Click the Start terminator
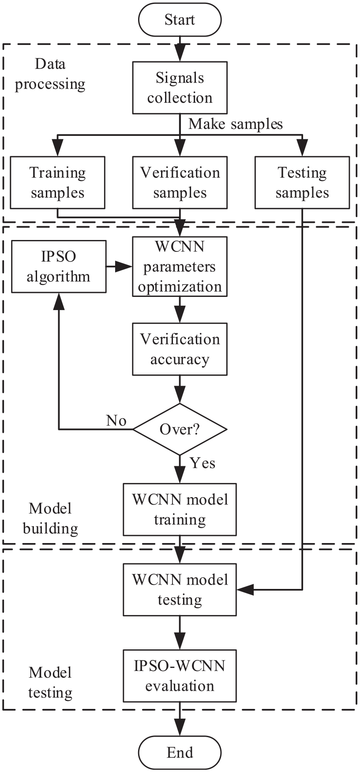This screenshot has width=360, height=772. pyautogui.click(x=180, y=20)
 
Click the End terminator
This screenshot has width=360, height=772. pyautogui.click(x=180, y=752)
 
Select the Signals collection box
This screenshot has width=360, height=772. pyautogui.click(x=180, y=88)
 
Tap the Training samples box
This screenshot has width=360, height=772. pyautogui.click(x=57, y=182)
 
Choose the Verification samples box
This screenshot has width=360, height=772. pyautogui.click(x=180, y=182)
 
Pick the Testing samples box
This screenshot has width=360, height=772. pyautogui.click(x=302, y=182)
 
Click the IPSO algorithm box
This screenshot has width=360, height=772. pyautogui.click(x=59, y=266)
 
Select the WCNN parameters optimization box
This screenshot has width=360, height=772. pyautogui.click(x=180, y=266)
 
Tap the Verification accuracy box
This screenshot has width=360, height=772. pyautogui.click(x=180, y=349)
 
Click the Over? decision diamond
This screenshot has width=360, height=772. pyautogui.click(x=180, y=429)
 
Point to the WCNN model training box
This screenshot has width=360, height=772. pyautogui.click(x=180, y=510)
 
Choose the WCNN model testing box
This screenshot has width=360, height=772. pyautogui.click(x=180, y=590)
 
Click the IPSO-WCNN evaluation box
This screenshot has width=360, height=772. pyautogui.click(x=180, y=676)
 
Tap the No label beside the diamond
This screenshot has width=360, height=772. pyautogui.click(x=116, y=421)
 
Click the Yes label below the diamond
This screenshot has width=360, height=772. pyautogui.click(x=202, y=463)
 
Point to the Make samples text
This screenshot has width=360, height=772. pyautogui.click(x=236, y=124)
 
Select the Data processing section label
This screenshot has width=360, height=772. pyautogui.click(x=50, y=74)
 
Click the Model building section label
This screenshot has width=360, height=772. pyautogui.click(x=50, y=518)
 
